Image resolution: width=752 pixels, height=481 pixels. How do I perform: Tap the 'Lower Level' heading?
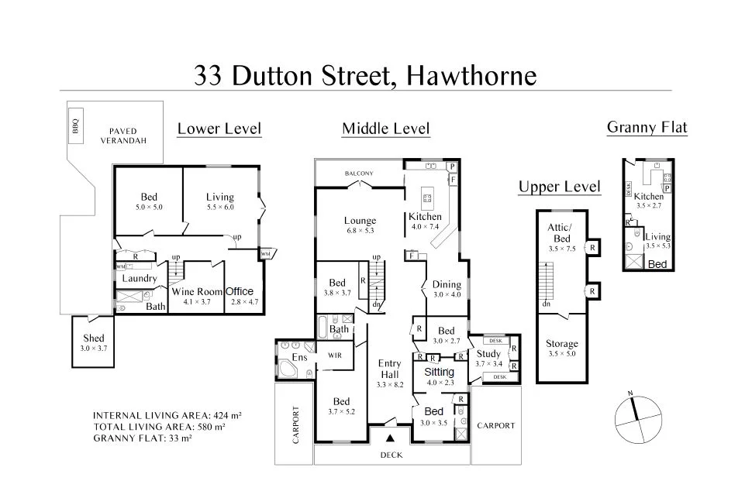219,129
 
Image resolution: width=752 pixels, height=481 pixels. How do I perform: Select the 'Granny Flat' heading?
647,128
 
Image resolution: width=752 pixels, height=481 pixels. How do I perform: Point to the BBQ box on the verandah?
76,125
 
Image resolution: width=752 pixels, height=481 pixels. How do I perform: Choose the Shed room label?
93,338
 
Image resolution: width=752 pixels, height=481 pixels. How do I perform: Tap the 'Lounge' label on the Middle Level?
360,221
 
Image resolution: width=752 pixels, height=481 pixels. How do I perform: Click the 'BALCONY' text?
360,173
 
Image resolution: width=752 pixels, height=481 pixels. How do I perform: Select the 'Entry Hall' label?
389,369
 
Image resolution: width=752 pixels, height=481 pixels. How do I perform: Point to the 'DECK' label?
392,455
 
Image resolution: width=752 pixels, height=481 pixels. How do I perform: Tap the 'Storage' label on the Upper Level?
561,344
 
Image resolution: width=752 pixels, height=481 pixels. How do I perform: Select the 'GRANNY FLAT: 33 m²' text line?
143,438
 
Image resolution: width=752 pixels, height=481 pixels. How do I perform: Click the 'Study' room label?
488,354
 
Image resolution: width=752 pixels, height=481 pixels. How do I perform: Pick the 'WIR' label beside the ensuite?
335,356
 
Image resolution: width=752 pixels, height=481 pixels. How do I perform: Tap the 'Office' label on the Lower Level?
240,292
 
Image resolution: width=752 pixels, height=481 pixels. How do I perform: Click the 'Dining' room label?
447,284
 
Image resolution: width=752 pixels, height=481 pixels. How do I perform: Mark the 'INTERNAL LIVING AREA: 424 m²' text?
167,415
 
